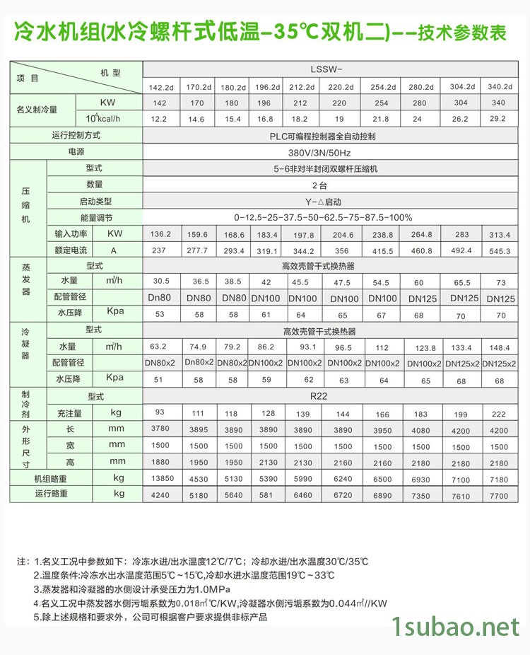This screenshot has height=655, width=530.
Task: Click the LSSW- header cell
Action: (x=330, y=70)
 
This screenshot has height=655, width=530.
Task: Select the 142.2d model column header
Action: (x=160, y=87)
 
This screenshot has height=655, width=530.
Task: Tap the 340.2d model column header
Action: (x=499, y=86)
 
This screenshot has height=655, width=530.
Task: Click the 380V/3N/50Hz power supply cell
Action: (x=329, y=151)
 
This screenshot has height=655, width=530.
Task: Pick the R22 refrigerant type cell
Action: (x=329, y=397)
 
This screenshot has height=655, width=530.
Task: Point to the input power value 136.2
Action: (x=160, y=234)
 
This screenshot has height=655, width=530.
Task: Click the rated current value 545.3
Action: (x=499, y=250)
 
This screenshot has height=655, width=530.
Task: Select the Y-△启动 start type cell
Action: (x=329, y=202)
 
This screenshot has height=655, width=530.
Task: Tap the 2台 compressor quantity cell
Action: (x=329, y=185)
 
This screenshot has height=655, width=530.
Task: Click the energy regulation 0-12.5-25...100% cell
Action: (x=329, y=218)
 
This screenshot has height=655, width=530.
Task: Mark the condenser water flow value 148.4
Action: (x=499, y=347)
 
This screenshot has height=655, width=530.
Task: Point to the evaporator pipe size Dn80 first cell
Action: (x=160, y=298)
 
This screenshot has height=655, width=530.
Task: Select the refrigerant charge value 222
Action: (x=499, y=413)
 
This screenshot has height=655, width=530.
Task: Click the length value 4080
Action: (x=420, y=430)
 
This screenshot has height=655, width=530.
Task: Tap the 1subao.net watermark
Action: (x=456, y=626)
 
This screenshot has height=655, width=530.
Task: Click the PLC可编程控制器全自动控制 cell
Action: (x=329, y=135)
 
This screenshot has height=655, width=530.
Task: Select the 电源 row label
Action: (x=76, y=151)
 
